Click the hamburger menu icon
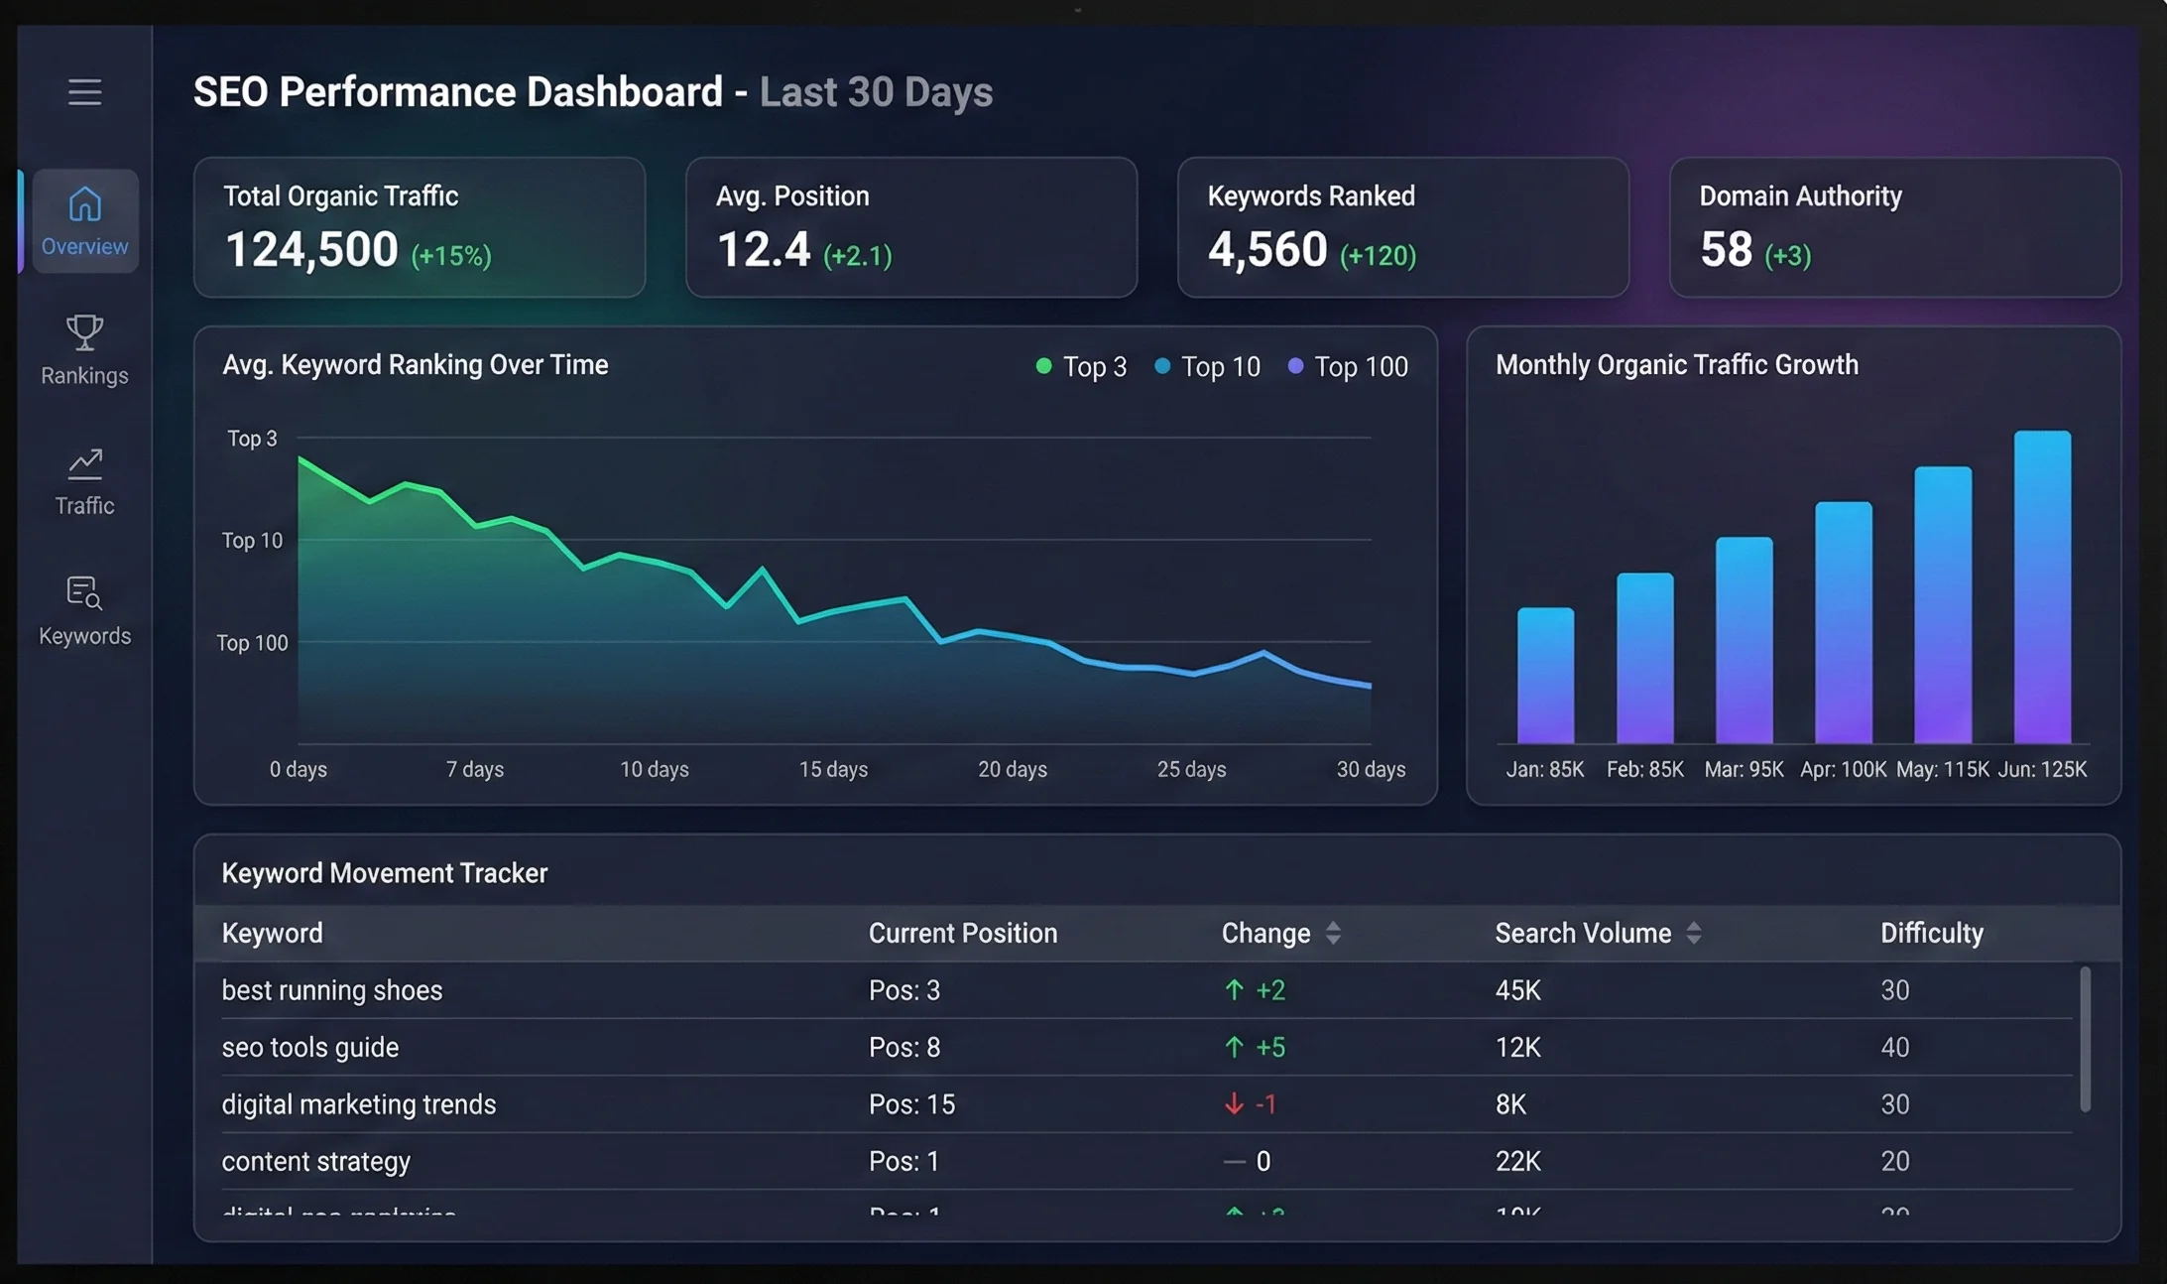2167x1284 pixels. (84, 92)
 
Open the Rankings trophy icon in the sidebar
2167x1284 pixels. (84, 333)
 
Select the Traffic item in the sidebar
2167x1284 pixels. (84, 481)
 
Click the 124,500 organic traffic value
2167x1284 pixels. (311, 249)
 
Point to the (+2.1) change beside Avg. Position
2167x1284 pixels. (857, 256)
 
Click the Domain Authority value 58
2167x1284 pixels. (1726, 249)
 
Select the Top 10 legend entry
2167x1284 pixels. (1207, 367)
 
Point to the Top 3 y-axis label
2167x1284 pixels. (252, 439)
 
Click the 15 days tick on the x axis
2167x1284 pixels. (833, 769)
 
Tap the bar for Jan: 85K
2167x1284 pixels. (1545, 676)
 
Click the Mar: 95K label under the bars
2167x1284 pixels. (1744, 769)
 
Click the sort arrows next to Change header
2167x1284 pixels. (1333, 933)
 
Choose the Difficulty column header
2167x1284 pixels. (1931, 933)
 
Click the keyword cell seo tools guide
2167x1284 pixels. (310, 1047)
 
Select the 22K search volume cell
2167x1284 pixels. (1517, 1161)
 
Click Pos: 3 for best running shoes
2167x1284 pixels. (903, 990)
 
